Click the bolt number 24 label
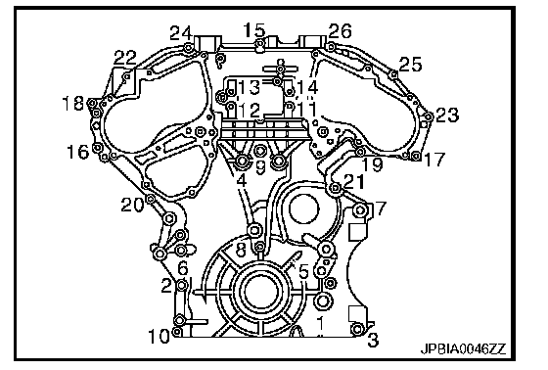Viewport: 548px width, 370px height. point(181,33)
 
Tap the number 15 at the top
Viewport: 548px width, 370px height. point(254,30)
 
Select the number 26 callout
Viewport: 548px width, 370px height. point(341,31)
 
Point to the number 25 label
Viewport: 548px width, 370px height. point(410,65)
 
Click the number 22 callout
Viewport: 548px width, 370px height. point(125,58)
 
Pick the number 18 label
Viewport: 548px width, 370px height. point(73,103)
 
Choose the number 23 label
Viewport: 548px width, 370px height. point(447,115)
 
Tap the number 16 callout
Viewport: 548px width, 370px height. point(78,152)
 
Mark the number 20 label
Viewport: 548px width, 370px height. point(132,205)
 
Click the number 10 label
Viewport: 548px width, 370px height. point(160,336)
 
